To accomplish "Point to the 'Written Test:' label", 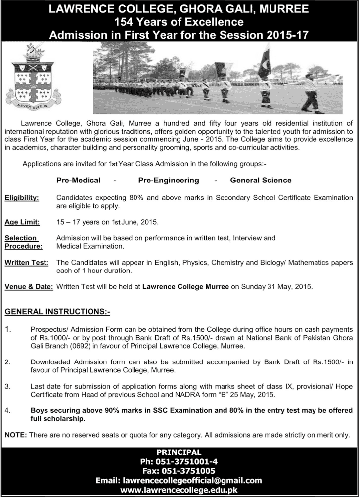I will (x=27, y=262).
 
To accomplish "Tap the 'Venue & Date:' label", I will (x=29, y=286).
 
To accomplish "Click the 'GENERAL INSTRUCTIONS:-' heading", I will (x=57, y=312).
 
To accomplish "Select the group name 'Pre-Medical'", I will (x=78, y=181).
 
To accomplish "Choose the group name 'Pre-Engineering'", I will (x=169, y=181).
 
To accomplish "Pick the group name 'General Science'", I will (x=261, y=181).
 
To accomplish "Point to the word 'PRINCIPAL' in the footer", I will (x=179, y=452).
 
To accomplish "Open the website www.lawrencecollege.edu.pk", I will (x=179, y=490).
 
